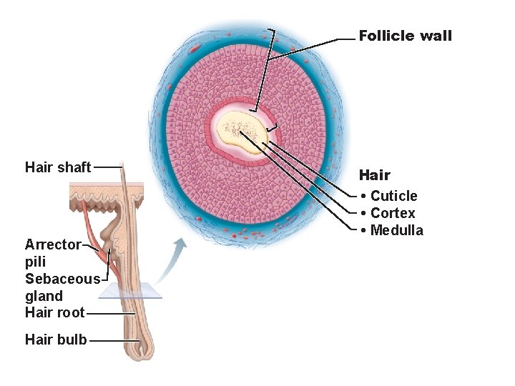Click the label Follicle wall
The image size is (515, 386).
pos(405,36)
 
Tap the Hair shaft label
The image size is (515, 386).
pos(58,167)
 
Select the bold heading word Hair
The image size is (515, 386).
pos(374,175)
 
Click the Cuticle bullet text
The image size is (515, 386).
pos(393,196)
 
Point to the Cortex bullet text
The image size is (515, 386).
pos(393,213)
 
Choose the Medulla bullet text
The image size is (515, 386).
pos(396,230)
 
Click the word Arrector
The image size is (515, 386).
pos(53,244)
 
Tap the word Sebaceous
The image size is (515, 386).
pos(62,279)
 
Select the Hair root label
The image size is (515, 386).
pos(55,312)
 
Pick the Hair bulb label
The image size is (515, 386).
pos(56,340)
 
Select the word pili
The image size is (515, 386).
pos(35,262)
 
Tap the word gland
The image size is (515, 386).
pos(44,296)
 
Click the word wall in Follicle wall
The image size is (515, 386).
pos(436,36)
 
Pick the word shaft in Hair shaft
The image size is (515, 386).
pos(74,167)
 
